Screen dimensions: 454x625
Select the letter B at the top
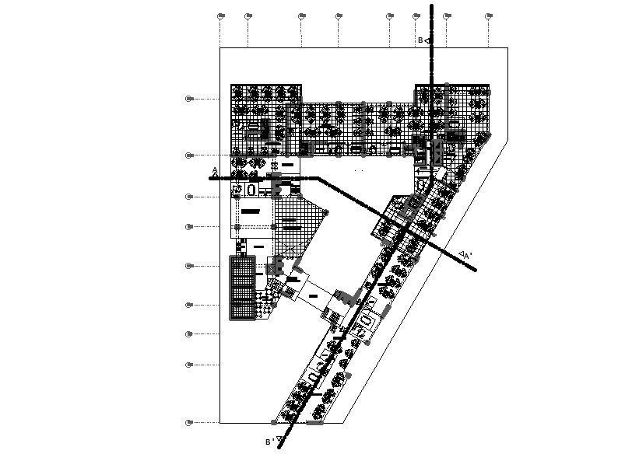(x=420, y=40)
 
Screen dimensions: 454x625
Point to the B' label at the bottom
(x=269, y=442)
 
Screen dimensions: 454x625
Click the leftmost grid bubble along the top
(x=220, y=16)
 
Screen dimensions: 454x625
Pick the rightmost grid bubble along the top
(x=489, y=16)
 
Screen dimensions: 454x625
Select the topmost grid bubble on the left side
(x=188, y=99)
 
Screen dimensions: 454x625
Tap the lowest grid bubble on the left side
(x=188, y=422)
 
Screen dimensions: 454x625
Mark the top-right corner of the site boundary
(x=508, y=48)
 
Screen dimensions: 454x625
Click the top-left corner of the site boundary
(x=220, y=48)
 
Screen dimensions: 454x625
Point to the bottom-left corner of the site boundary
(x=220, y=423)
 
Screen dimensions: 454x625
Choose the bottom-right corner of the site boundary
(x=346, y=423)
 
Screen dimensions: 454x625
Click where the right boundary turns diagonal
(x=508, y=140)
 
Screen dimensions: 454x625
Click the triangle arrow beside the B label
(x=428, y=40)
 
